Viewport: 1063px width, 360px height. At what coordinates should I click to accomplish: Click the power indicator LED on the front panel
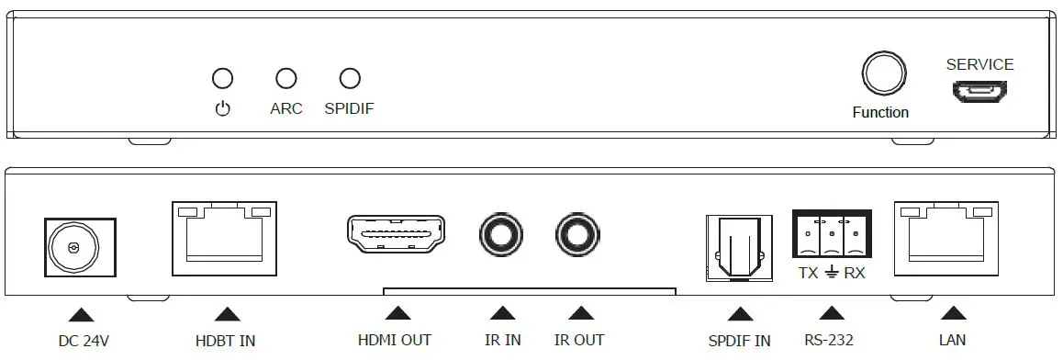(x=222, y=79)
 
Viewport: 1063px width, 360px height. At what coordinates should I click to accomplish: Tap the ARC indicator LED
(x=286, y=79)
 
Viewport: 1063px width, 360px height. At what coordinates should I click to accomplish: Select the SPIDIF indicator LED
(x=350, y=79)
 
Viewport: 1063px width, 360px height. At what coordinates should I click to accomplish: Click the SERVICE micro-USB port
(x=979, y=92)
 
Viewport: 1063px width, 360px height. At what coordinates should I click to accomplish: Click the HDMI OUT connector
(x=396, y=235)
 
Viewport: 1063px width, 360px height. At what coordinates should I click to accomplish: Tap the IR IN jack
(x=502, y=236)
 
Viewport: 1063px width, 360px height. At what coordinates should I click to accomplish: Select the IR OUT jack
(x=579, y=236)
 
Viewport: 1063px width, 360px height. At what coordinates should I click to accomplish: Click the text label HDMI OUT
(x=395, y=341)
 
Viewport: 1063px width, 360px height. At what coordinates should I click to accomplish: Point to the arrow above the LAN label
(x=954, y=314)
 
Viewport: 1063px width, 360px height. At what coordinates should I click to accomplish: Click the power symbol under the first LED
(x=222, y=109)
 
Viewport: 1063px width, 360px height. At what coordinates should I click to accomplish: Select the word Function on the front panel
(x=880, y=113)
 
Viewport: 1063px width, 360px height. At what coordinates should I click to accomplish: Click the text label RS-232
(x=828, y=341)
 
